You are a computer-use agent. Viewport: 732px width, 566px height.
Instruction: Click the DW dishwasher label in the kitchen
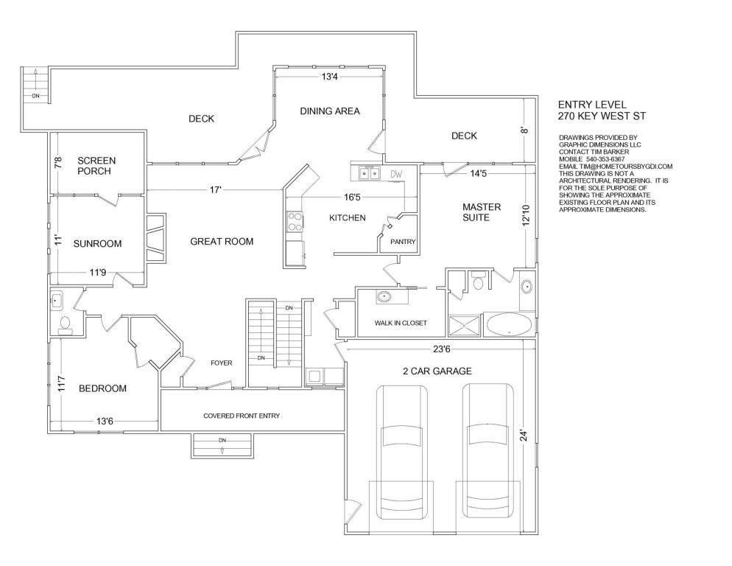(396, 175)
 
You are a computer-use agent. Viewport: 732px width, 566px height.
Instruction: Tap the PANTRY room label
(403, 242)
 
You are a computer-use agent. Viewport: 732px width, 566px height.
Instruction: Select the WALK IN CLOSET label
(401, 323)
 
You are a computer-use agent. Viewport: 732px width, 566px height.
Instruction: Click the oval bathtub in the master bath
(509, 324)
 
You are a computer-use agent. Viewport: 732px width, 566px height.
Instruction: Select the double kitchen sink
(369, 173)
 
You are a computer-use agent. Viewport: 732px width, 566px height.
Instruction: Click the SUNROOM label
(97, 243)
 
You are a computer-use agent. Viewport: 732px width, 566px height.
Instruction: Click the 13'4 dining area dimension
(330, 76)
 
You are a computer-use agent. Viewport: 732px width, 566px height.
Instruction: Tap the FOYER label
(221, 363)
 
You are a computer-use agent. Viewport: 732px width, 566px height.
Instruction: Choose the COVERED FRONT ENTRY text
(242, 416)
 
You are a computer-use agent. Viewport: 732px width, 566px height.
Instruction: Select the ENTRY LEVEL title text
(592, 105)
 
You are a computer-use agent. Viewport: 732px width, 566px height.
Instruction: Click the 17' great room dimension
(215, 189)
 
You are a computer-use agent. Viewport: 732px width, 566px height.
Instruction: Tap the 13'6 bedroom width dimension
(105, 421)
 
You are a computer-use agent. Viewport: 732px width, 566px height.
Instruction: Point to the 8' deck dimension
(525, 130)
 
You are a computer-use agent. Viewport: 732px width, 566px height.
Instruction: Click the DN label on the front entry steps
(222, 440)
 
